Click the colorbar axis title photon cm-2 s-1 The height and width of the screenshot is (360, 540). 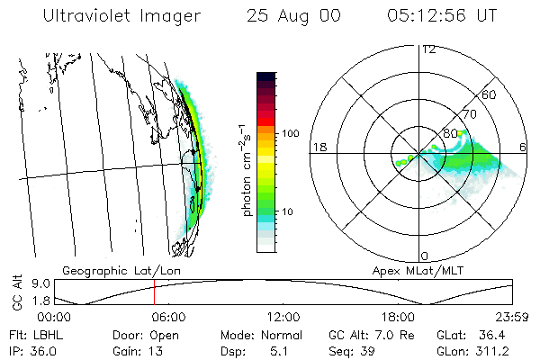point(245,170)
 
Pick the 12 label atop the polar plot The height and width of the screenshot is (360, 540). point(429,49)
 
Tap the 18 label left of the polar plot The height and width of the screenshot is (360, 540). point(319,147)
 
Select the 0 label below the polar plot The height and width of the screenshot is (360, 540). point(425,256)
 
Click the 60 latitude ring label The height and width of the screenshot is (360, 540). point(490,94)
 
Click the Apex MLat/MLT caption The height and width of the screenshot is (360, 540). point(421,270)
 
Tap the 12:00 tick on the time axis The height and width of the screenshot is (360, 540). point(283,317)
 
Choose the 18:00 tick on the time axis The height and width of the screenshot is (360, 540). point(398,317)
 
